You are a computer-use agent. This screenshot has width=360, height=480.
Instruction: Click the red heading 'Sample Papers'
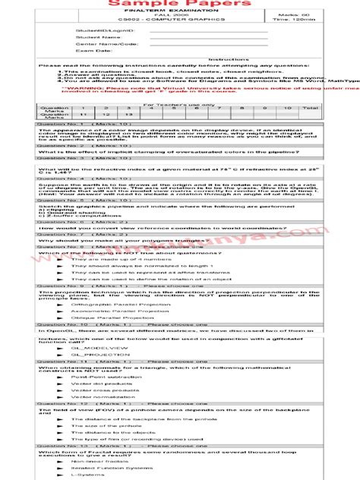[x=179, y=5]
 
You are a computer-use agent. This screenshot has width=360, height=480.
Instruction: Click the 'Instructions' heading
[x=223, y=58]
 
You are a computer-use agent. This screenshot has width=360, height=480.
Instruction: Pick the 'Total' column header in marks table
[x=331, y=108]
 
